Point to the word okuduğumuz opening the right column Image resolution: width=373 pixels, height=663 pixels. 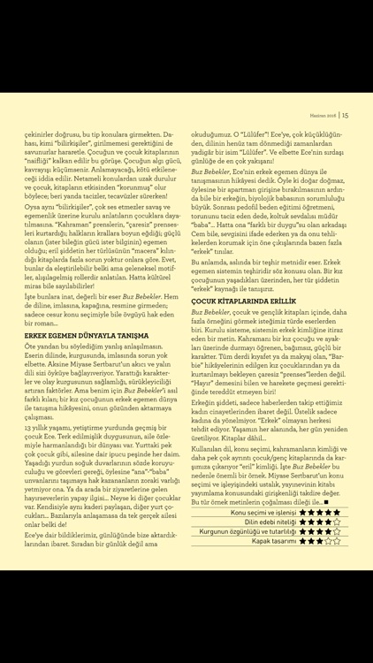209,126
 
